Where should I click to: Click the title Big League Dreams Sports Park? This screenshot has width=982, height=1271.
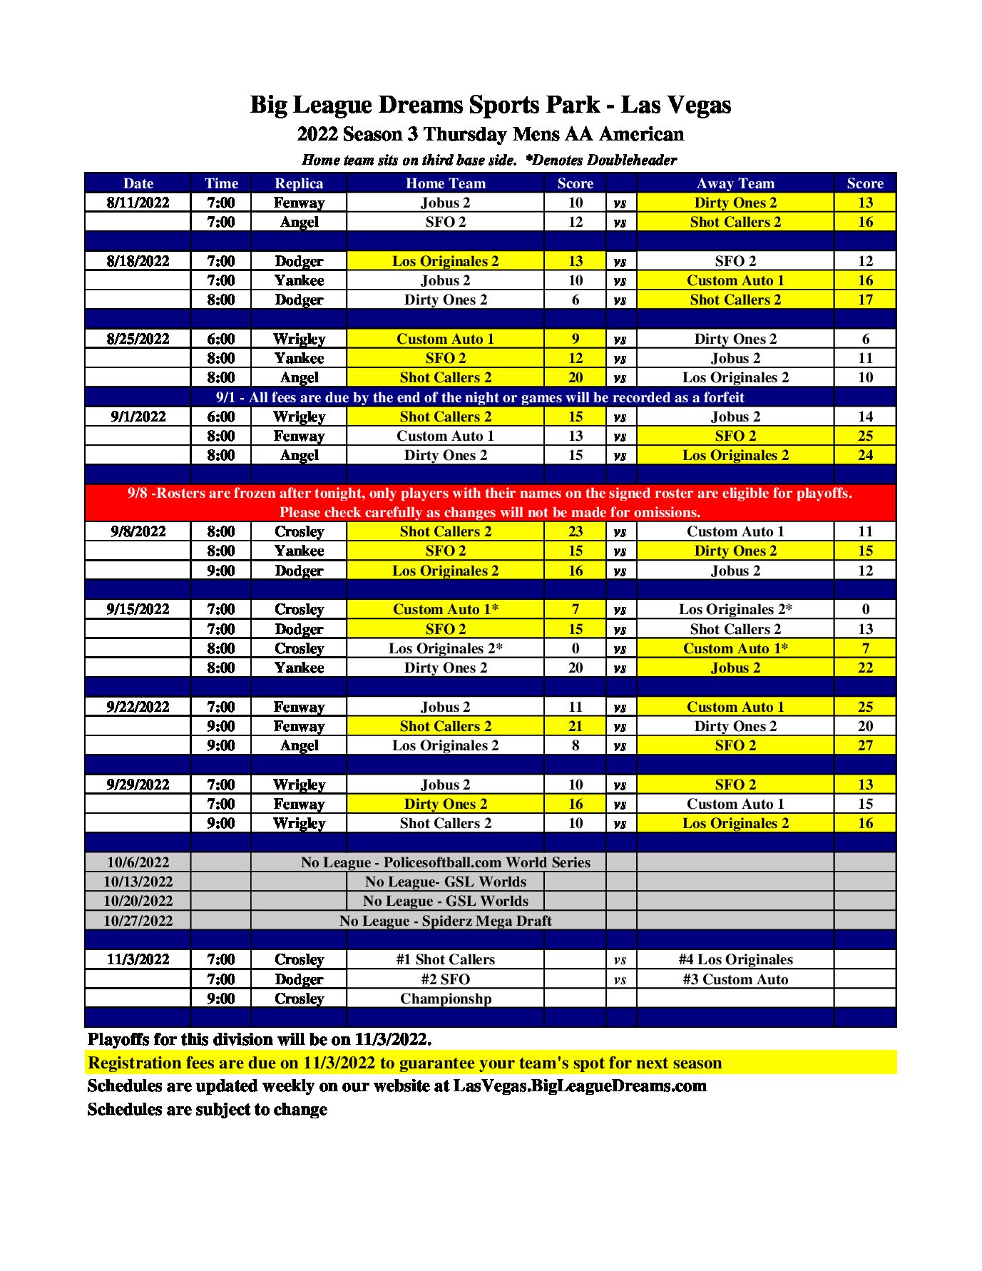490,105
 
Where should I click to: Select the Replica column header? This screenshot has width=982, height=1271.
299,183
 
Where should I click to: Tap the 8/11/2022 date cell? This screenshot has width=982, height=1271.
138,203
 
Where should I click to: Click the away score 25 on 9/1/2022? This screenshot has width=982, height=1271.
864,436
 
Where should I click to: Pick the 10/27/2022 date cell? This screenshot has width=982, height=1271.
138,921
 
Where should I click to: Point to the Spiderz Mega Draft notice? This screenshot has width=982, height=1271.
446,921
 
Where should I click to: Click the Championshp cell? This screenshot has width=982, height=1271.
446,999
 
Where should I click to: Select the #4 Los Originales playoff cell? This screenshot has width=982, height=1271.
735,959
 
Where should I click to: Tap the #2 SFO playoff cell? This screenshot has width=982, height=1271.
446,979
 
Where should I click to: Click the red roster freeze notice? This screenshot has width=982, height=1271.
490,502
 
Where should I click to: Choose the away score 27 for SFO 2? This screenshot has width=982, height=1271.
864,745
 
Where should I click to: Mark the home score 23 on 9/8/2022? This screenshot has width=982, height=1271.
575,531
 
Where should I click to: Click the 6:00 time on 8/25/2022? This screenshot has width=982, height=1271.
220,339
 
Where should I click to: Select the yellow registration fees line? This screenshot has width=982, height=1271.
404,1063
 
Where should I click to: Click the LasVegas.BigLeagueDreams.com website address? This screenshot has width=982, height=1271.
580,1086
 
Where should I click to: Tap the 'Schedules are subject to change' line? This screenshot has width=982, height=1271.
207,1110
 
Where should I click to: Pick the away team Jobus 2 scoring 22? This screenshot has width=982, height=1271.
735,668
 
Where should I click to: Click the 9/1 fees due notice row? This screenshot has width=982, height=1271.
480,397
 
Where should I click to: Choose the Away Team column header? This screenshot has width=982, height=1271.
735,183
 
